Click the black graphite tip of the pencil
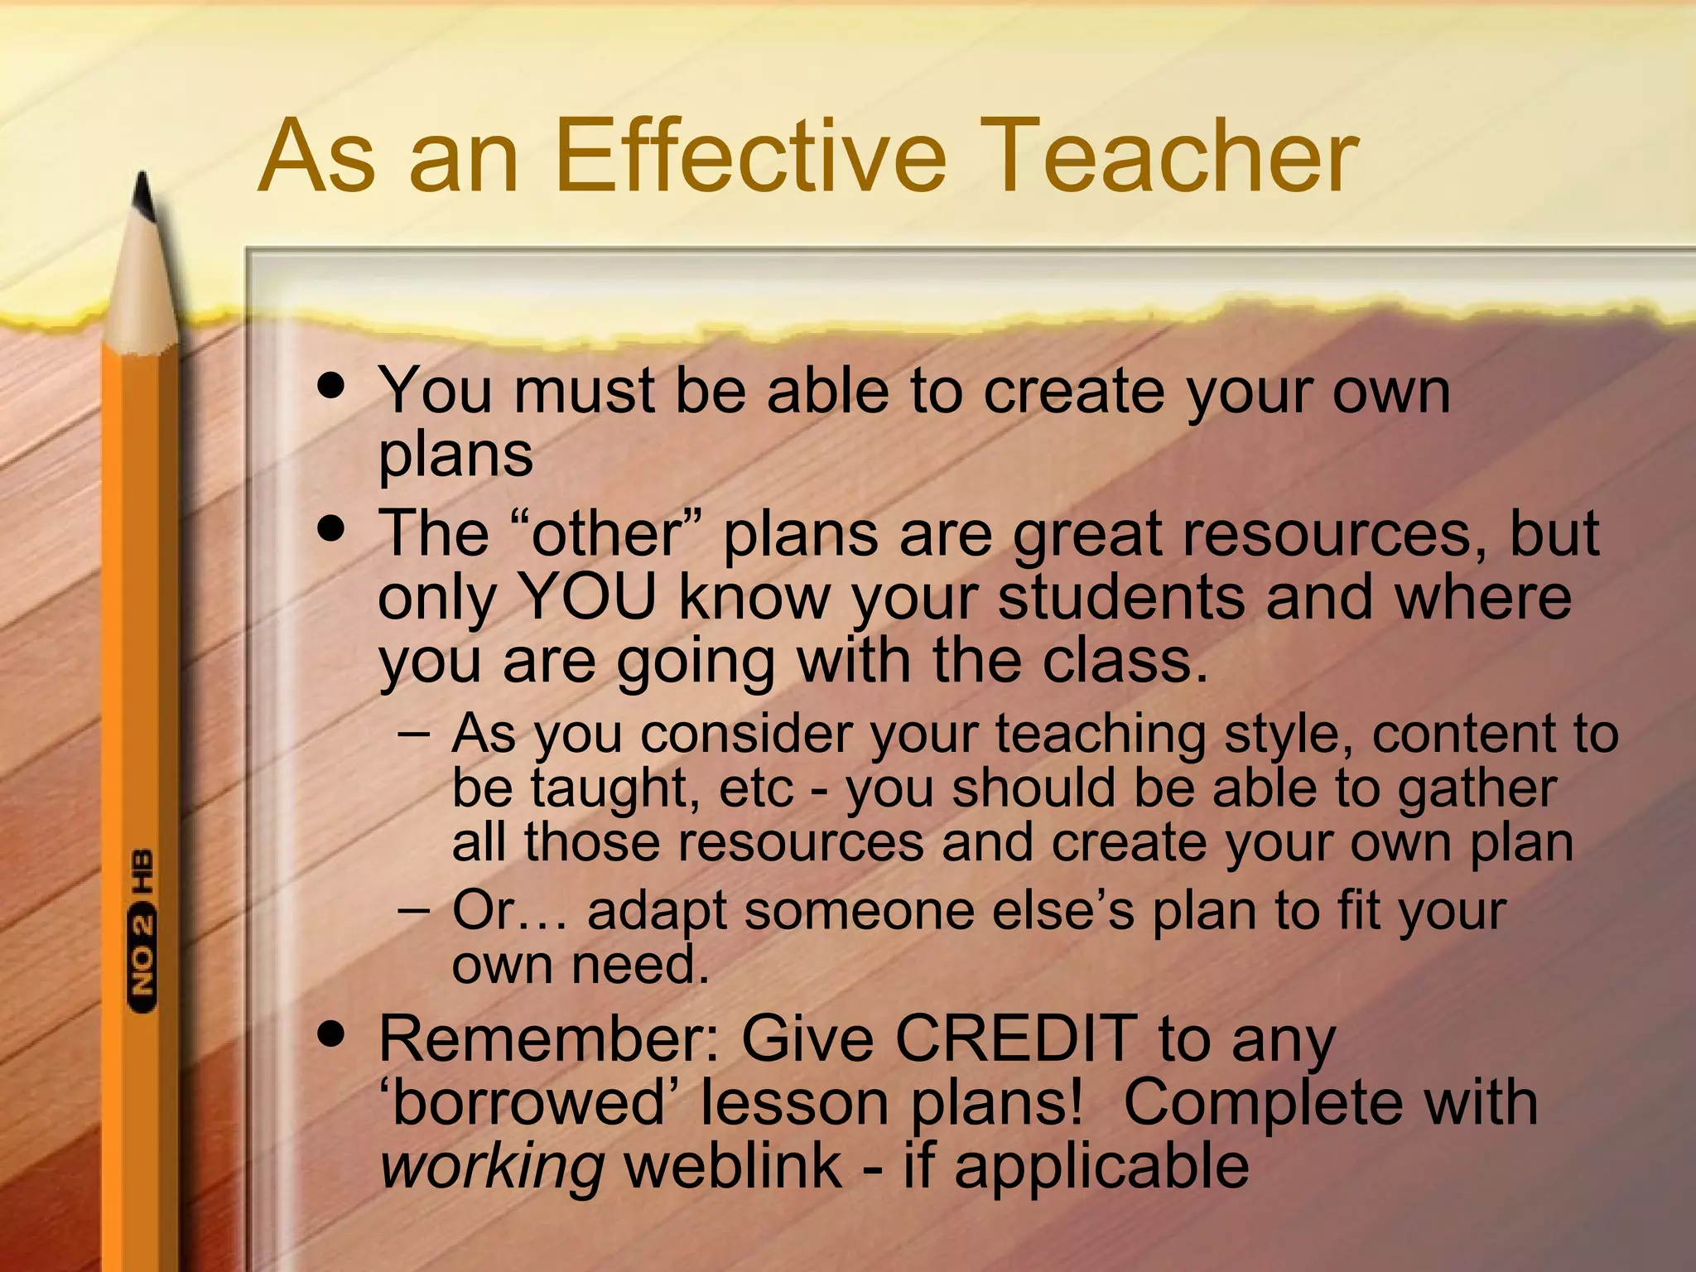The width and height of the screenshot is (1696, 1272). pyautogui.click(x=145, y=195)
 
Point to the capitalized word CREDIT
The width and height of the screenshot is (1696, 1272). pyautogui.click(x=1017, y=1038)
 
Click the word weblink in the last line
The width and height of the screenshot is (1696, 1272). pyautogui.click(x=733, y=1166)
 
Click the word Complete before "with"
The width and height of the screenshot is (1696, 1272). pyautogui.click(x=1263, y=1103)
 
